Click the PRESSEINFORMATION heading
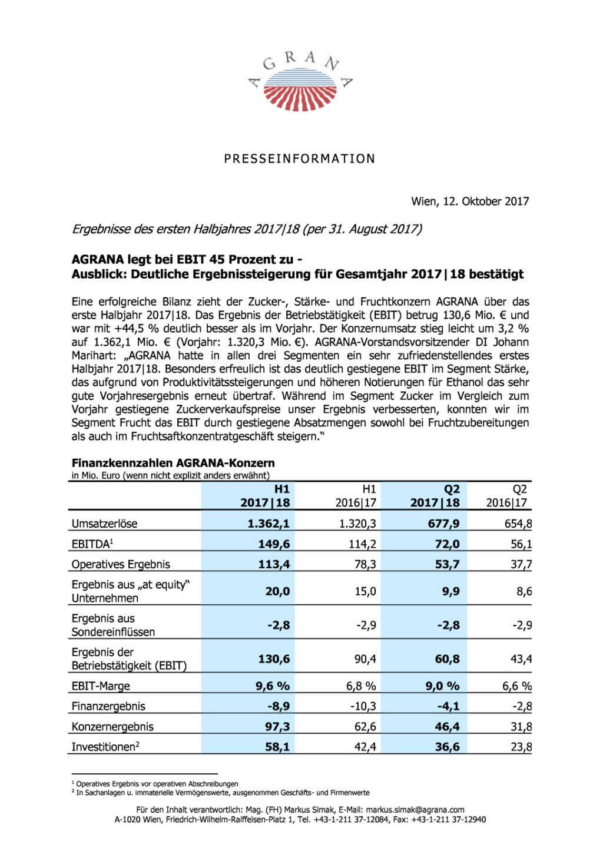pos(300,159)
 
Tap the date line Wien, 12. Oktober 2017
pos(470,201)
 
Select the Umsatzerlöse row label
pos(104,524)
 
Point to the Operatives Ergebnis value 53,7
pos(447,564)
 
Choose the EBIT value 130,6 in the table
pos(274,659)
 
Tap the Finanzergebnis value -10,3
pos(363,706)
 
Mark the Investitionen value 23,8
pos(521,747)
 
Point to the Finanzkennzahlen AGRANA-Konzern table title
pos(173,463)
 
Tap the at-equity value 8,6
pos(524,591)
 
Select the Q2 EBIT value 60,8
pos(447,659)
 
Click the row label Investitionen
pos(105,747)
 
